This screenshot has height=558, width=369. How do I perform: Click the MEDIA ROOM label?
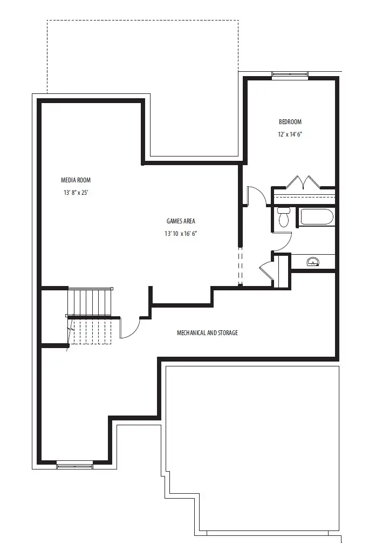76,180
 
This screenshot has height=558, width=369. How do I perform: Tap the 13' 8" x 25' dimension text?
76,193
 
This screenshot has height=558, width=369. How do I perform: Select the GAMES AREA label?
181,221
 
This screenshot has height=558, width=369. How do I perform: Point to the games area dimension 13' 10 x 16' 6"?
181,234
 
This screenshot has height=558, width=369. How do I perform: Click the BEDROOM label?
290,122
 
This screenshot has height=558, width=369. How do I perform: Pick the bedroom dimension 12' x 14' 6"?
290,134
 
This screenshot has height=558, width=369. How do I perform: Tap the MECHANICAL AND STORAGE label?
208,333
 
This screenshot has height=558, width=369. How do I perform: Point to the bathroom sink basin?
313,262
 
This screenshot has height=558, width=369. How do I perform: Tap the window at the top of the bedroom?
290,74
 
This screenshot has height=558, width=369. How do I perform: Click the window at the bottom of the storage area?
75,465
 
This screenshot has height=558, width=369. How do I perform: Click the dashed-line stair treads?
91,331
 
